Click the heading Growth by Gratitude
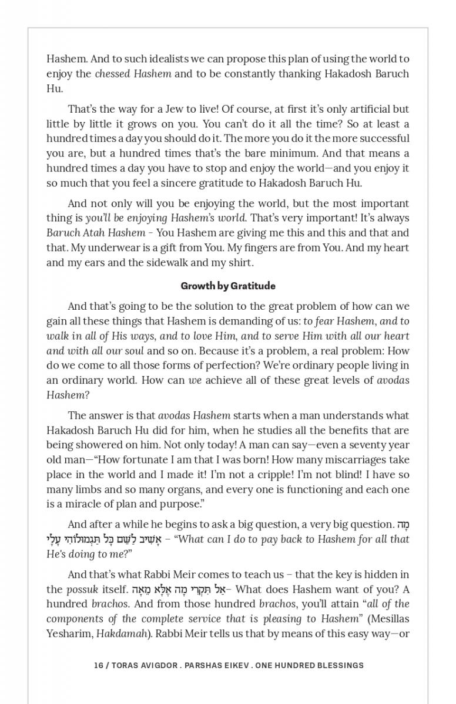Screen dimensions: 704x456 click(x=228, y=286)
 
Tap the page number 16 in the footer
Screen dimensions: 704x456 click(x=98, y=665)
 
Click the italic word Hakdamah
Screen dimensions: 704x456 click(x=119, y=633)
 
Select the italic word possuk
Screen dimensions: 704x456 click(x=81, y=589)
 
